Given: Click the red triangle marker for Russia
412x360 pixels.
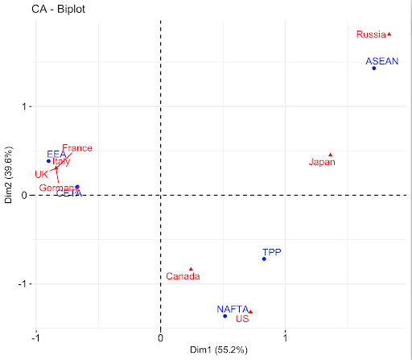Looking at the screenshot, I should (x=389, y=34).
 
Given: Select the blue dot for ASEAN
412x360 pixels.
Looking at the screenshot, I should (x=374, y=68).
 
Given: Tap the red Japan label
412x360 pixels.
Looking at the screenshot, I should (x=322, y=162).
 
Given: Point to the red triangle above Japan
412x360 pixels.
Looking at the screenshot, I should (x=330, y=155).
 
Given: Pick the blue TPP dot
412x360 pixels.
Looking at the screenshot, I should (x=264, y=259).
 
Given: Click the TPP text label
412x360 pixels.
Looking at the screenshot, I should (x=272, y=251).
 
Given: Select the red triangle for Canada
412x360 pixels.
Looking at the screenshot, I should (x=191, y=269).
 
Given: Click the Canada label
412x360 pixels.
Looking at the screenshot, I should (x=183, y=277).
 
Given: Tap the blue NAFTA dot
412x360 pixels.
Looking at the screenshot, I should (x=225, y=316).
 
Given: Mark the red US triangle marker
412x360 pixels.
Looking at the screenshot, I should (x=250, y=311).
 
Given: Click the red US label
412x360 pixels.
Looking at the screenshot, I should (x=241, y=319).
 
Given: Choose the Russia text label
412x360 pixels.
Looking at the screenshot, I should (x=371, y=35).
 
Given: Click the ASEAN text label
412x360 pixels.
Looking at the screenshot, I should (x=381, y=61).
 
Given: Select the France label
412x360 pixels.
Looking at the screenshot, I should (x=77, y=148).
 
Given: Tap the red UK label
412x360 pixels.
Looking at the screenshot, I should (x=41, y=174).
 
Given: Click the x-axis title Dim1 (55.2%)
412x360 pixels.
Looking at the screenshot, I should (x=218, y=350).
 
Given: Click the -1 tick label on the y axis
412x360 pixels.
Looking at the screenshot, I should (x=23, y=284).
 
